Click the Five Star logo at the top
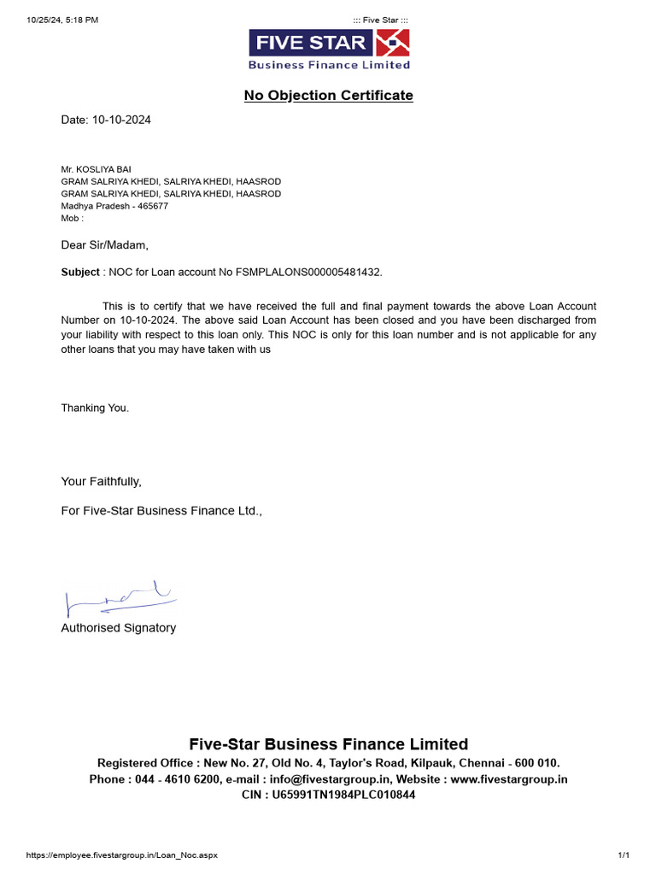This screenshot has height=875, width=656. [329, 50]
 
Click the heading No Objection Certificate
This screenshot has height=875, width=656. [328, 95]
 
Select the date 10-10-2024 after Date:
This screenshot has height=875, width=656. [121, 120]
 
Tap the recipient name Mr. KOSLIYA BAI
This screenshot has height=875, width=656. [96, 169]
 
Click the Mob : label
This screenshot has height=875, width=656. [73, 219]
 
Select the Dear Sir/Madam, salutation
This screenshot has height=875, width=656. [104, 245]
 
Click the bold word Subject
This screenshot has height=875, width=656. [80, 272]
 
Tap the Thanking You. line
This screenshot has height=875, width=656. [95, 408]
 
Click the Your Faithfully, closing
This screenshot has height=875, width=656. [101, 481]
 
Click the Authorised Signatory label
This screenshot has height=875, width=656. [118, 628]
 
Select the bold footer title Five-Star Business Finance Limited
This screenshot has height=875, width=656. [328, 743]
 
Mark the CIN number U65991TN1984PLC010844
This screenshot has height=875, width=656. [343, 795]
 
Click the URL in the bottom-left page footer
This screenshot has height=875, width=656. [122, 855]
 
